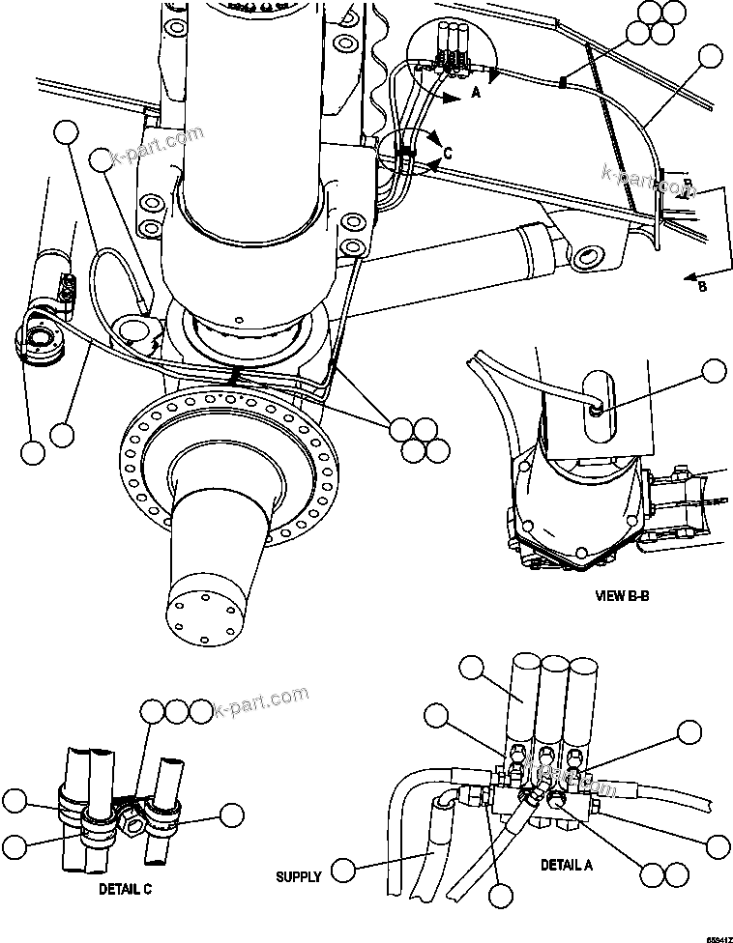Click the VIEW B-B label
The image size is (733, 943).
pyautogui.click(x=621, y=596)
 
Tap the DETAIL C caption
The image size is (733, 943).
pyautogui.click(x=125, y=887)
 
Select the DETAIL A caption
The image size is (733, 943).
pyautogui.click(x=566, y=865)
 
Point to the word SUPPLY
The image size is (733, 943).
pyautogui.click(x=299, y=876)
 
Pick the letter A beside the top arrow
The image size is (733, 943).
pyautogui.click(x=475, y=94)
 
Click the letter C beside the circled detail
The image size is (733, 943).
pyautogui.click(x=446, y=152)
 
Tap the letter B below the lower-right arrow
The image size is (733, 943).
pyautogui.click(x=702, y=287)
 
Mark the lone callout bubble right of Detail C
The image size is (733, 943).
pyautogui.click(x=232, y=814)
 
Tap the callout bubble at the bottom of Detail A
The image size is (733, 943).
pyautogui.click(x=500, y=894)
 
